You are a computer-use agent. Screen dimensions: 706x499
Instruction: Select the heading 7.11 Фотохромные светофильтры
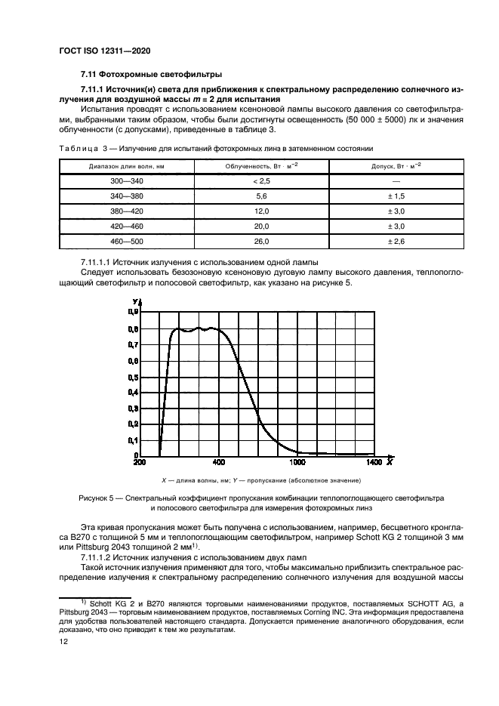[151, 75]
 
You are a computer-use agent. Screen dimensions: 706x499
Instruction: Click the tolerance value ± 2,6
[396, 242]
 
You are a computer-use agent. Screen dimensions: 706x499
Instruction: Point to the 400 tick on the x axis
[219, 462]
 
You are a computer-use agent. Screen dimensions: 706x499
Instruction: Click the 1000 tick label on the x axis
[297, 462]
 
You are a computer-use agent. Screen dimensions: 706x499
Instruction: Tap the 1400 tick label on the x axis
[374, 462]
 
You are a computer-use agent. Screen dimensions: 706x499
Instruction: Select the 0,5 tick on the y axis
[133, 381]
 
